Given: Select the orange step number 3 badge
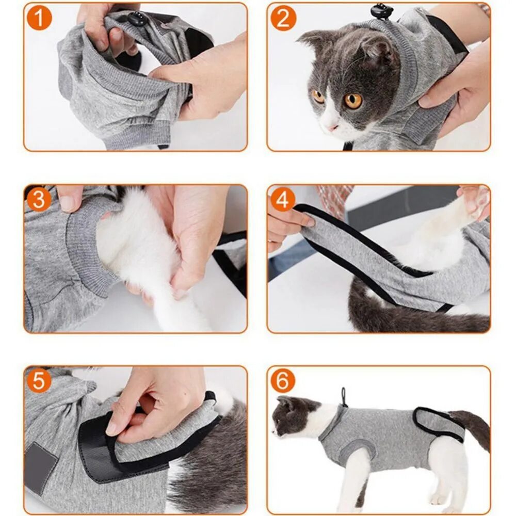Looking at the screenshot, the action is point(39,199).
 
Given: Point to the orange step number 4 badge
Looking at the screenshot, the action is point(283,199).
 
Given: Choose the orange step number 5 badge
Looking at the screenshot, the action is point(39,381).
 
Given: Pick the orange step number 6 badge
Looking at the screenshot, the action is point(283,381).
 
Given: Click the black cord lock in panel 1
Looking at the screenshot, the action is point(137,19).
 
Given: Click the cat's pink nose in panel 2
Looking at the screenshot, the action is point(332,127).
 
